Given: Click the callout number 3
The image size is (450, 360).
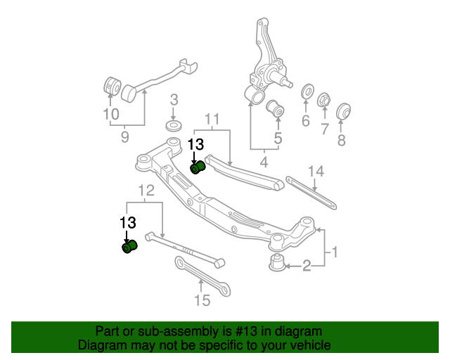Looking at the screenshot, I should [x=174, y=100].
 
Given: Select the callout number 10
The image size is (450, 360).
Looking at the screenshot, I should [x=110, y=113].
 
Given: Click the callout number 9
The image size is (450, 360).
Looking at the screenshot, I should [x=124, y=137].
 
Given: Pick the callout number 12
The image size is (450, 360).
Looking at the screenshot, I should [x=146, y=190].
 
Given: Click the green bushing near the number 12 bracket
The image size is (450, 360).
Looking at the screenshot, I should [x=129, y=247].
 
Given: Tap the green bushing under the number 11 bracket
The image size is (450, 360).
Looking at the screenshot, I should [x=198, y=167].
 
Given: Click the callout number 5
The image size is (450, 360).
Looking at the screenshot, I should [x=277, y=139].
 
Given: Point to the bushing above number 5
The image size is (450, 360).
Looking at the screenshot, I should [x=276, y=109].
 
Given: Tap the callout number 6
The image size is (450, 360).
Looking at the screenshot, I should [x=305, y=120].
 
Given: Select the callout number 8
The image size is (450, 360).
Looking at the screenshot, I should [x=342, y=140].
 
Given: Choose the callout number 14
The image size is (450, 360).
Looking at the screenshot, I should [x=316, y=171].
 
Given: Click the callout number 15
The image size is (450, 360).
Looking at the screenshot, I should [x=202, y=301].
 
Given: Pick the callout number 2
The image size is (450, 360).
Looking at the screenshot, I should [x=306, y=265].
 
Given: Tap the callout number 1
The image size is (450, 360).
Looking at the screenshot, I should [x=335, y=250].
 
